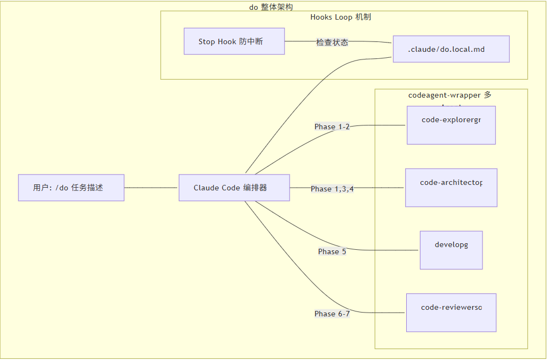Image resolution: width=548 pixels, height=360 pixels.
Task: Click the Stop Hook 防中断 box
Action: click(x=234, y=41)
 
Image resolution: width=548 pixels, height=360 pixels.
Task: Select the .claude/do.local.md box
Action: click(x=451, y=49)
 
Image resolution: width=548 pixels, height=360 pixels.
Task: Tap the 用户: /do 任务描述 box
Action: click(x=71, y=188)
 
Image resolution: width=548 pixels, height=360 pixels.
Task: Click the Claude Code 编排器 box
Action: click(x=234, y=188)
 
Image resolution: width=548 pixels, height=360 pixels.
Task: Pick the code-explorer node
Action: click(x=451, y=125)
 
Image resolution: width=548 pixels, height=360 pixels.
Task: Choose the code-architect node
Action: click(x=451, y=188)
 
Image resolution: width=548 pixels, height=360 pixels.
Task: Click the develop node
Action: click(x=451, y=250)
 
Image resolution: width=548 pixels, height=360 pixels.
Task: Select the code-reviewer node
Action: click(x=451, y=313)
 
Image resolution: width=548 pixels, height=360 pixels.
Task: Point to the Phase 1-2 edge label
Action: click(x=332, y=127)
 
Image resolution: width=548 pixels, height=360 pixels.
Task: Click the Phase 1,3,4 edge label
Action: click(x=332, y=189)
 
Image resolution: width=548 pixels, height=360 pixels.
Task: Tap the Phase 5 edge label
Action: click(x=332, y=251)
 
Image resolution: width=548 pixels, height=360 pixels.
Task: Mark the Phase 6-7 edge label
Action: click(x=332, y=314)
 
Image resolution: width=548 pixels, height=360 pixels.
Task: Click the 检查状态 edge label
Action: click(x=332, y=42)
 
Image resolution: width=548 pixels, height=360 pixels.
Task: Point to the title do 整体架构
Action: click(x=271, y=7)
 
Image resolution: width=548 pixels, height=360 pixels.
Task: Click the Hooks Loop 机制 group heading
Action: click(x=341, y=17)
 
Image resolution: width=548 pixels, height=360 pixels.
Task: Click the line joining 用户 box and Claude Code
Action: click(x=152, y=188)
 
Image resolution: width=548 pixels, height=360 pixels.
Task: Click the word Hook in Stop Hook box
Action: click(x=227, y=41)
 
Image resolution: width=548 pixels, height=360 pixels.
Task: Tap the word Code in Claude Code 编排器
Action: click(x=231, y=188)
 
